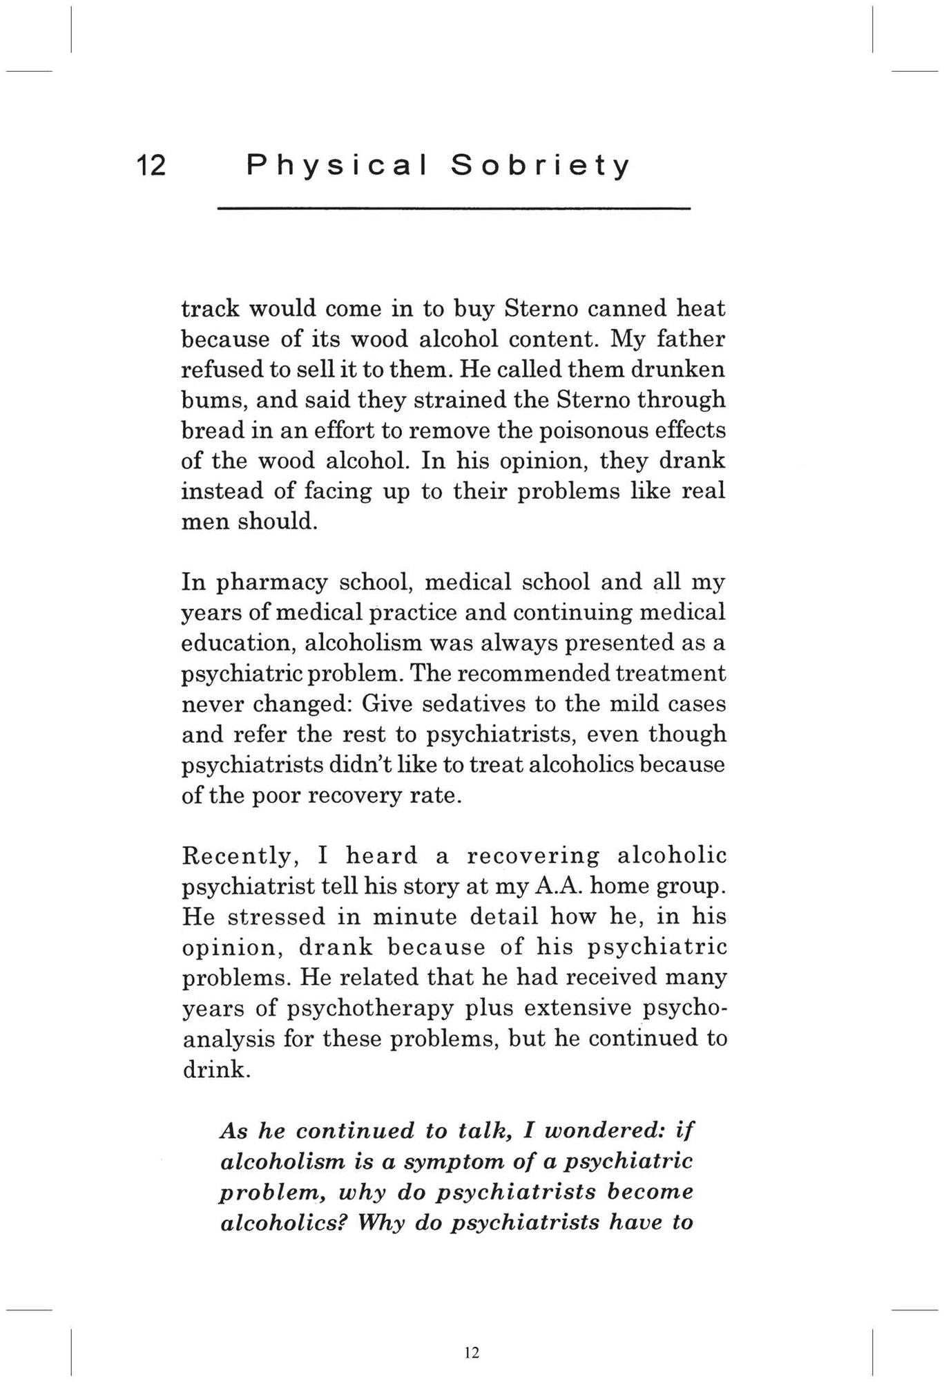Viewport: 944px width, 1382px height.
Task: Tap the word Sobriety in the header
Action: (540, 166)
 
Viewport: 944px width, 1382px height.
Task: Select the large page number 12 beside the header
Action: (151, 166)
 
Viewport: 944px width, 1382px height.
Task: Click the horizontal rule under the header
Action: (454, 209)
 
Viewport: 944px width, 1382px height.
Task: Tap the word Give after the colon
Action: (388, 704)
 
